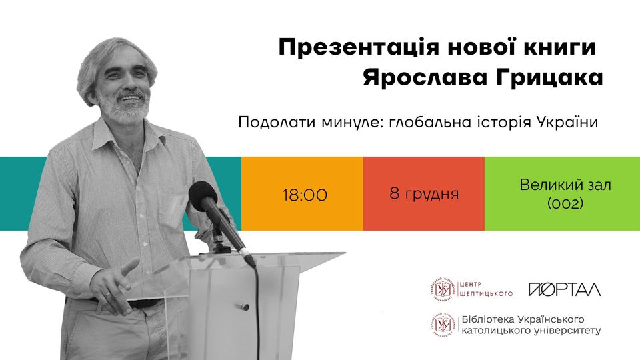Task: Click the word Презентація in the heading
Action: point(359,47)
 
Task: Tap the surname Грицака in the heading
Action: point(549,77)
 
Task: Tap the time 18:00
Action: point(305,195)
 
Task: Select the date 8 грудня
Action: point(424,193)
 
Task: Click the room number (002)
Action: point(565,203)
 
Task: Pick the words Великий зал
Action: point(565,185)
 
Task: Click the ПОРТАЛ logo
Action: point(565,289)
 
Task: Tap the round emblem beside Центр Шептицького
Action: point(443,289)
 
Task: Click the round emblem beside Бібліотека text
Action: point(443,325)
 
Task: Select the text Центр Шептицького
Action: point(486,289)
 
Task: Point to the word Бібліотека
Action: point(487,319)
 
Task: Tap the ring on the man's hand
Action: point(106,293)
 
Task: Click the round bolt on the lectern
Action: point(245,306)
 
